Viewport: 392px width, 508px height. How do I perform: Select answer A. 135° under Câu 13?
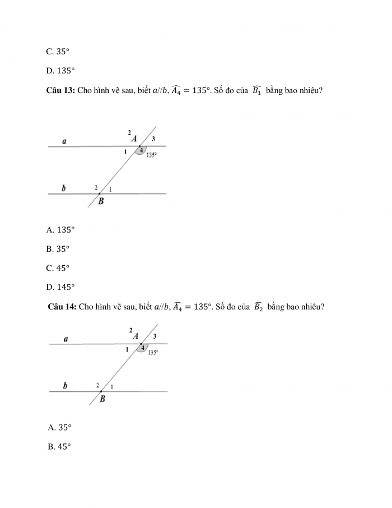coord(60,229)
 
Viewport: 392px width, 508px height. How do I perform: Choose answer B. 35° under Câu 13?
coord(58,248)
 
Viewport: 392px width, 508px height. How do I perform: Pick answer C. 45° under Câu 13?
coord(58,267)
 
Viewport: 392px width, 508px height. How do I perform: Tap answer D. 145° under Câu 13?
coord(60,287)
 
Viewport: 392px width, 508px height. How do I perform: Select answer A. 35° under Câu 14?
coord(60,427)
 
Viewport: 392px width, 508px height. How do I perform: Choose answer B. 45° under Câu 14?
coord(59,447)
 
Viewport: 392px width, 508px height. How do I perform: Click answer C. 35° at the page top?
coord(58,51)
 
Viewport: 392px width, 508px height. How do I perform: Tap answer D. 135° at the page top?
coord(60,71)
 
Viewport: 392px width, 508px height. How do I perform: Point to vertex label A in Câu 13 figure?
coord(134,138)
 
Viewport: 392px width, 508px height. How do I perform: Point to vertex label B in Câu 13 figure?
coord(101,201)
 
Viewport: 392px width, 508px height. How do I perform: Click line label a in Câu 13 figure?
coord(64,142)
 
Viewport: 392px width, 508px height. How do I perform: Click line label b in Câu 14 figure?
coord(66,386)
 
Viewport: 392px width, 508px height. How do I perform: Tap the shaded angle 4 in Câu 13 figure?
coord(142,150)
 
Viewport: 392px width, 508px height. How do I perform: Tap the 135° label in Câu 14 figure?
coord(153,353)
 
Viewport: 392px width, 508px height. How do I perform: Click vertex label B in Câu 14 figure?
coord(102,399)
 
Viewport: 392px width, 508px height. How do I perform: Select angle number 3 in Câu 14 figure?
coord(155,336)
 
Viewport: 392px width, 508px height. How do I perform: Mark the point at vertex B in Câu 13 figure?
coord(100,193)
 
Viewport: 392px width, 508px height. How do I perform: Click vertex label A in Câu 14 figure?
coord(136,336)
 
